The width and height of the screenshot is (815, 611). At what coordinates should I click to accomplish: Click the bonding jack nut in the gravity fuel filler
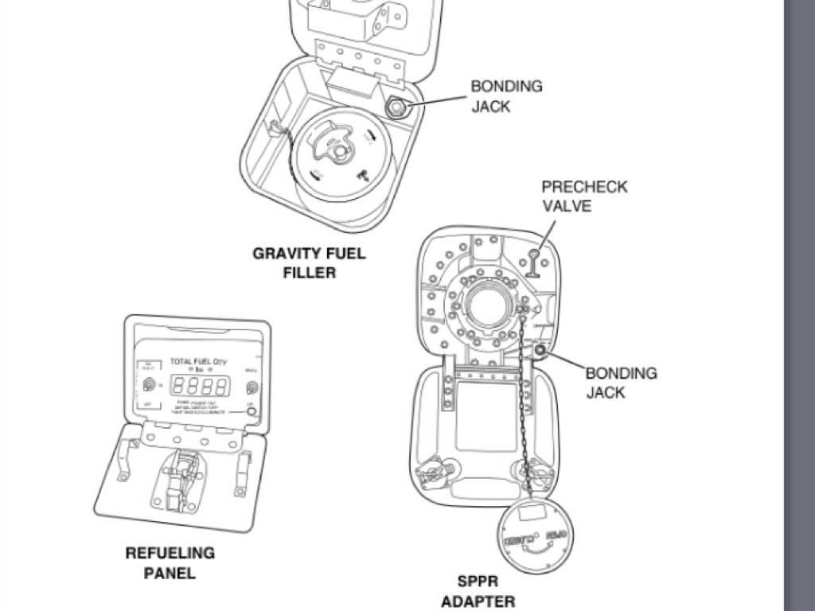[395, 107]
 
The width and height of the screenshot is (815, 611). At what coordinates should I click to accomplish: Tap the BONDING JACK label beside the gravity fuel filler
[506, 95]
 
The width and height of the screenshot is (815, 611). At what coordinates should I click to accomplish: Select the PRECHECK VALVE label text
[584, 196]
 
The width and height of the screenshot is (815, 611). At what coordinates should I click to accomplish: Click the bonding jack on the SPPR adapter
[540, 350]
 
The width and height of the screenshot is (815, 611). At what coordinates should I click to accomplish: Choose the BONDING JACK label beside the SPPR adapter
[622, 382]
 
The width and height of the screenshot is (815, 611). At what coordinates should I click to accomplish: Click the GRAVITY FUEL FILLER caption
[309, 263]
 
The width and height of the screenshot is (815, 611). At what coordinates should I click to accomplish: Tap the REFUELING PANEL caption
[170, 562]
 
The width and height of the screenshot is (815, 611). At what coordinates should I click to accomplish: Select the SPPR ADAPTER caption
[478, 591]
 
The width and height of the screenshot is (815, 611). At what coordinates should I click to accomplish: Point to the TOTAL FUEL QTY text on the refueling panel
[198, 362]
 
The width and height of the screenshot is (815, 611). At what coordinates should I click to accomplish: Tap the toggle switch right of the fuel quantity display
[252, 387]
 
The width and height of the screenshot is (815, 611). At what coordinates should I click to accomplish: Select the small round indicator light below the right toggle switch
[251, 411]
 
